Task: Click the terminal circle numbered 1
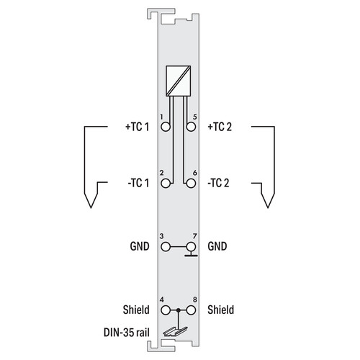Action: [x=166, y=127]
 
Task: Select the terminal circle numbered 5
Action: [x=191, y=127]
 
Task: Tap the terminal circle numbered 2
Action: [x=166, y=184]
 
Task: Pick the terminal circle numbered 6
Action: [x=191, y=184]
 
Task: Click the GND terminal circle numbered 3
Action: [x=166, y=247]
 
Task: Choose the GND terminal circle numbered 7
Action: [x=191, y=247]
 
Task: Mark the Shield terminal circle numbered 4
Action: [x=166, y=310]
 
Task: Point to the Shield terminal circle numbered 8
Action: [x=191, y=310]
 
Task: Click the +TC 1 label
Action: [x=138, y=127]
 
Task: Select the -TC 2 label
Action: [x=218, y=183]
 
